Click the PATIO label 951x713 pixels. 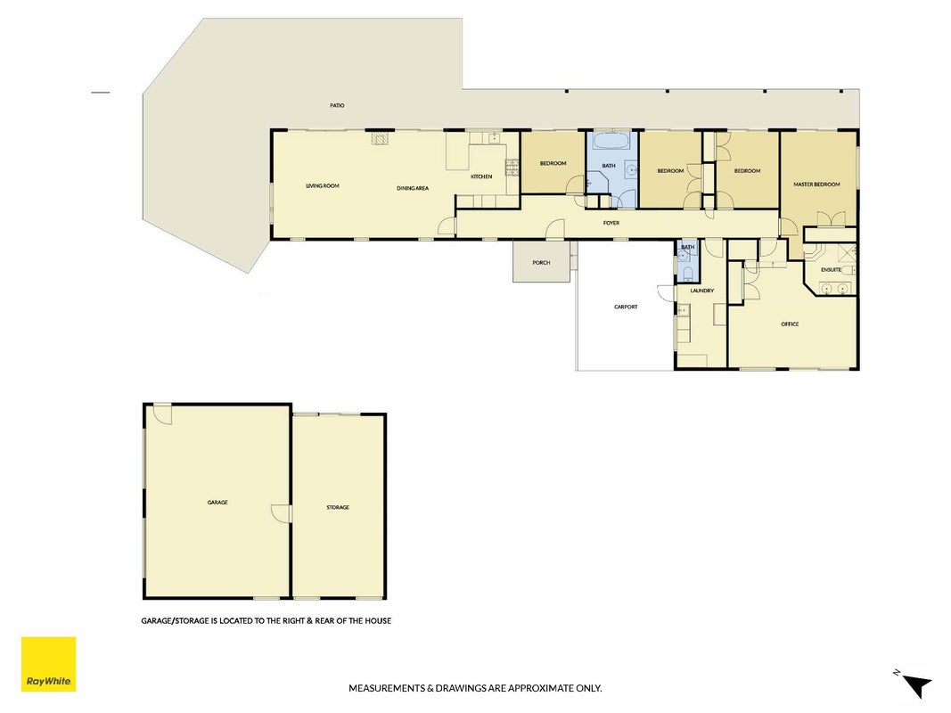[337, 105]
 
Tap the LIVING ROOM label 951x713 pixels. [322, 186]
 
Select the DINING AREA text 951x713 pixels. [413, 189]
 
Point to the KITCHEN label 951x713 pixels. [481, 176]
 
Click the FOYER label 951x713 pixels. [611, 223]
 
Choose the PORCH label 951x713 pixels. [541, 263]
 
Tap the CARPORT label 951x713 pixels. [626, 307]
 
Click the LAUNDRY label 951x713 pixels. [701, 291]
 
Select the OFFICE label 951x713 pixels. [790, 324]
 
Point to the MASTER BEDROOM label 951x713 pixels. [817, 184]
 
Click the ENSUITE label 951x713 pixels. [831, 270]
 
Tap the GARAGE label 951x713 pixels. [217, 503]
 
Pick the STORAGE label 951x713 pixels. [338, 507]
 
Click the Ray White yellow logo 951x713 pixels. [48, 664]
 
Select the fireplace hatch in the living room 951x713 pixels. [379, 139]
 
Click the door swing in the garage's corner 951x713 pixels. [162, 414]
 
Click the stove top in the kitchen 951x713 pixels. [512, 167]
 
